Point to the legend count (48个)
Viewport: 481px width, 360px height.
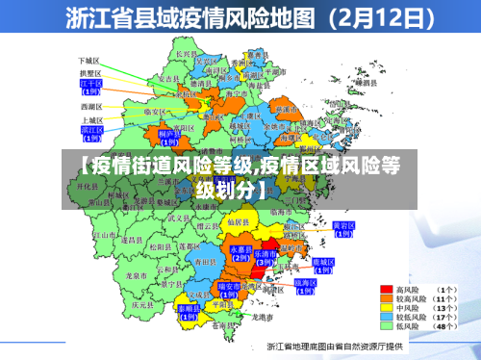coord(447,327)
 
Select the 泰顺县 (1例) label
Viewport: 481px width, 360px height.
coord(189,310)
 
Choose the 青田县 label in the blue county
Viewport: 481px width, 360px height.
coord(203,261)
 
